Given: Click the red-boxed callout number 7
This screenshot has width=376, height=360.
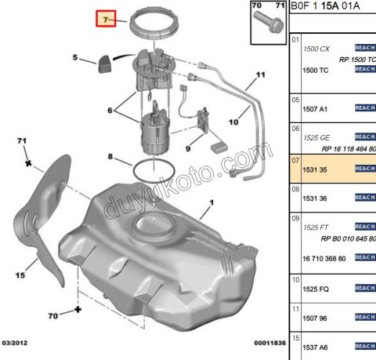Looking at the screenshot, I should pyautogui.click(x=106, y=17).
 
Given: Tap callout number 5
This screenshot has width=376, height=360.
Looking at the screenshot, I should pyautogui.click(x=75, y=57).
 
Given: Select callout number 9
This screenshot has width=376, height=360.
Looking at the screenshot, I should pyautogui.click(x=188, y=147).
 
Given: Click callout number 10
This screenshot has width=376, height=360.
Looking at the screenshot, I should pyautogui.click(x=233, y=122).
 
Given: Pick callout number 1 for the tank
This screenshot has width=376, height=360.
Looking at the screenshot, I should pyautogui.click(x=210, y=209).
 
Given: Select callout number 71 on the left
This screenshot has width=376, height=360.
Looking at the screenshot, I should pyautogui.click(x=22, y=140).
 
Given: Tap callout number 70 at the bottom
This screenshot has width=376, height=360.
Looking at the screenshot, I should pyautogui.click(x=54, y=317).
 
